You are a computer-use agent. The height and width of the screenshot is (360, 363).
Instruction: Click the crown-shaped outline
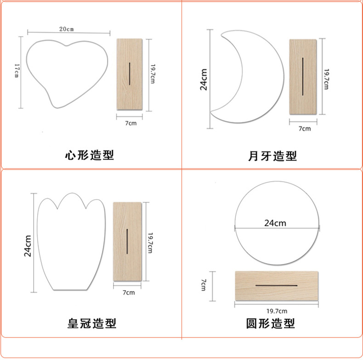[71, 243]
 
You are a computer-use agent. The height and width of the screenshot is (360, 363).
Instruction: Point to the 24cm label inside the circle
[275, 223]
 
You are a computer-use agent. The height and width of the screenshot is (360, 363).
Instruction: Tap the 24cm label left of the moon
[204, 79]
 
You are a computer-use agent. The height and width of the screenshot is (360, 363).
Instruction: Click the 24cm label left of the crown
[28, 245]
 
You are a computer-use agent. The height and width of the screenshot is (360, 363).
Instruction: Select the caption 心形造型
[89, 155]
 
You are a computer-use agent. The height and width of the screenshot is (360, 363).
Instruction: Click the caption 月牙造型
[272, 156]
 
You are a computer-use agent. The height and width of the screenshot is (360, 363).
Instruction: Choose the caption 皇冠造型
[92, 323]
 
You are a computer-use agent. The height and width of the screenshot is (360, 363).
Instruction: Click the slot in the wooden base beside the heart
[130, 73]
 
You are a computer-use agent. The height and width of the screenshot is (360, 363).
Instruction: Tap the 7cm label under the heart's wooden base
[130, 123]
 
